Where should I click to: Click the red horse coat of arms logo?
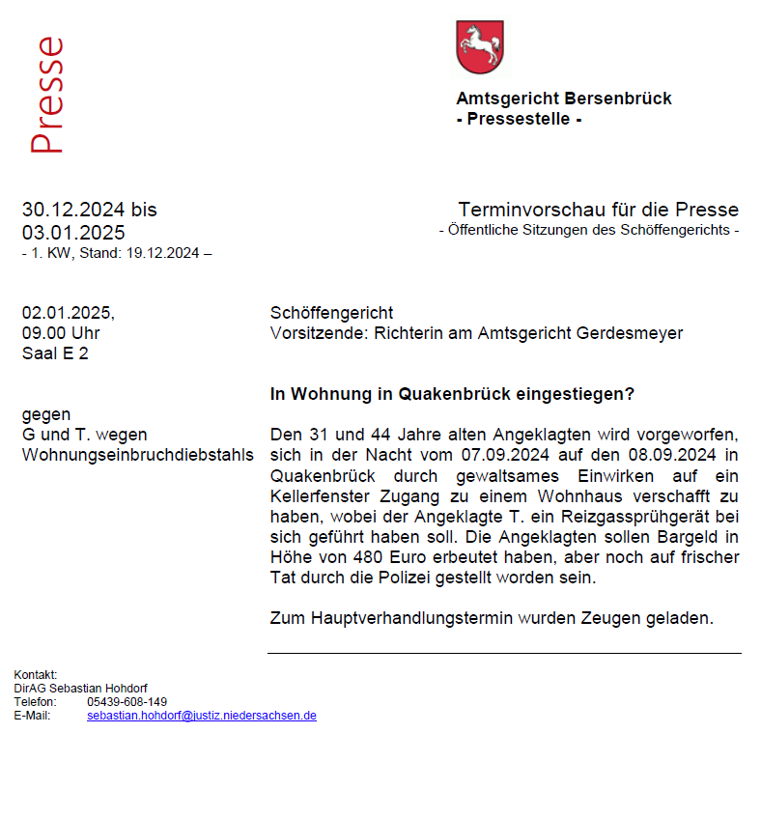pyautogui.click(x=480, y=47)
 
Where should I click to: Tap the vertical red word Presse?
pyautogui.click(x=46, y=96)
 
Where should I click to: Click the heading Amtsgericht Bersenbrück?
pyautogui.click(x=563, y=99)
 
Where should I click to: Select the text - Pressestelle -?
pyautogui.click(x=519, y=120)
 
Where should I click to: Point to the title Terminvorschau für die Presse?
pyautogui.click(x=598, y=210)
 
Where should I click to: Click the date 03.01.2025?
pyautogui.click(x=73, y=233)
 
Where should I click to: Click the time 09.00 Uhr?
pyautogui.click(x=61, y=333)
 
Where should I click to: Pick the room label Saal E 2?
pyautogui.click(x=55, y=353)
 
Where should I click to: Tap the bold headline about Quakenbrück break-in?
pyautogui.click(x=452, y=394)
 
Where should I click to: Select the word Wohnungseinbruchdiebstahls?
pyautogui.click(x=138, y=455)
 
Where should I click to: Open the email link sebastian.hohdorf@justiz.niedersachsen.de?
pyautogui.click(x=202, y=716)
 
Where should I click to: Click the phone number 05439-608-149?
pyautogui.click(x=127, y=702)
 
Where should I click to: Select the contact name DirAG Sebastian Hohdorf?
pyautogui.click(x=80, y=688)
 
